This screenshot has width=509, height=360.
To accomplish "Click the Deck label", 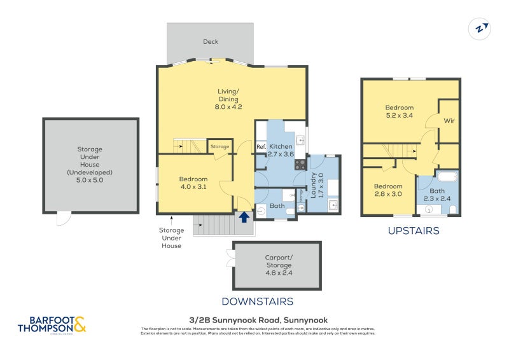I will click(x=210, y=42).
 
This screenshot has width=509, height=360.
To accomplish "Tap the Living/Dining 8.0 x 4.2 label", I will click(x=228, y=99).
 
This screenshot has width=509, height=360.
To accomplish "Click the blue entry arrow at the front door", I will click(x=243, y=217).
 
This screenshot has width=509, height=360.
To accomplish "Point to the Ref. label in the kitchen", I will click(x=261, y=147).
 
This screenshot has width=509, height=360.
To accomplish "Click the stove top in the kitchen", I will click(x=300, y=163).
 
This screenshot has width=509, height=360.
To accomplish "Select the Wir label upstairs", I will click(x=449, y=120).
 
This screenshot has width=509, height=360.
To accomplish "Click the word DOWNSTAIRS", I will click(x=257, y=301).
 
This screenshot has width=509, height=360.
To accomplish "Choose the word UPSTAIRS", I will click(x=414, y=231).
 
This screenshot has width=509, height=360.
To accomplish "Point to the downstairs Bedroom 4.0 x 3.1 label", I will click(x=193, y=183).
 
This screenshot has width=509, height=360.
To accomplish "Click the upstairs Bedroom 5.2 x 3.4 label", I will click(x=399, y=112).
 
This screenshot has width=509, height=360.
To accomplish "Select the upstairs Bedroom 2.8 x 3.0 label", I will click(x=387, y=190).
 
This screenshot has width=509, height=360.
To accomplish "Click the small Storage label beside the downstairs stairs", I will click(x=220, y=147).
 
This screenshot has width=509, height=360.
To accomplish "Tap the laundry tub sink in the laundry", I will click(x=333, y=205).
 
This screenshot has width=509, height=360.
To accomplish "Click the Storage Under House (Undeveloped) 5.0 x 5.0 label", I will click(x=90, y=165).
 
